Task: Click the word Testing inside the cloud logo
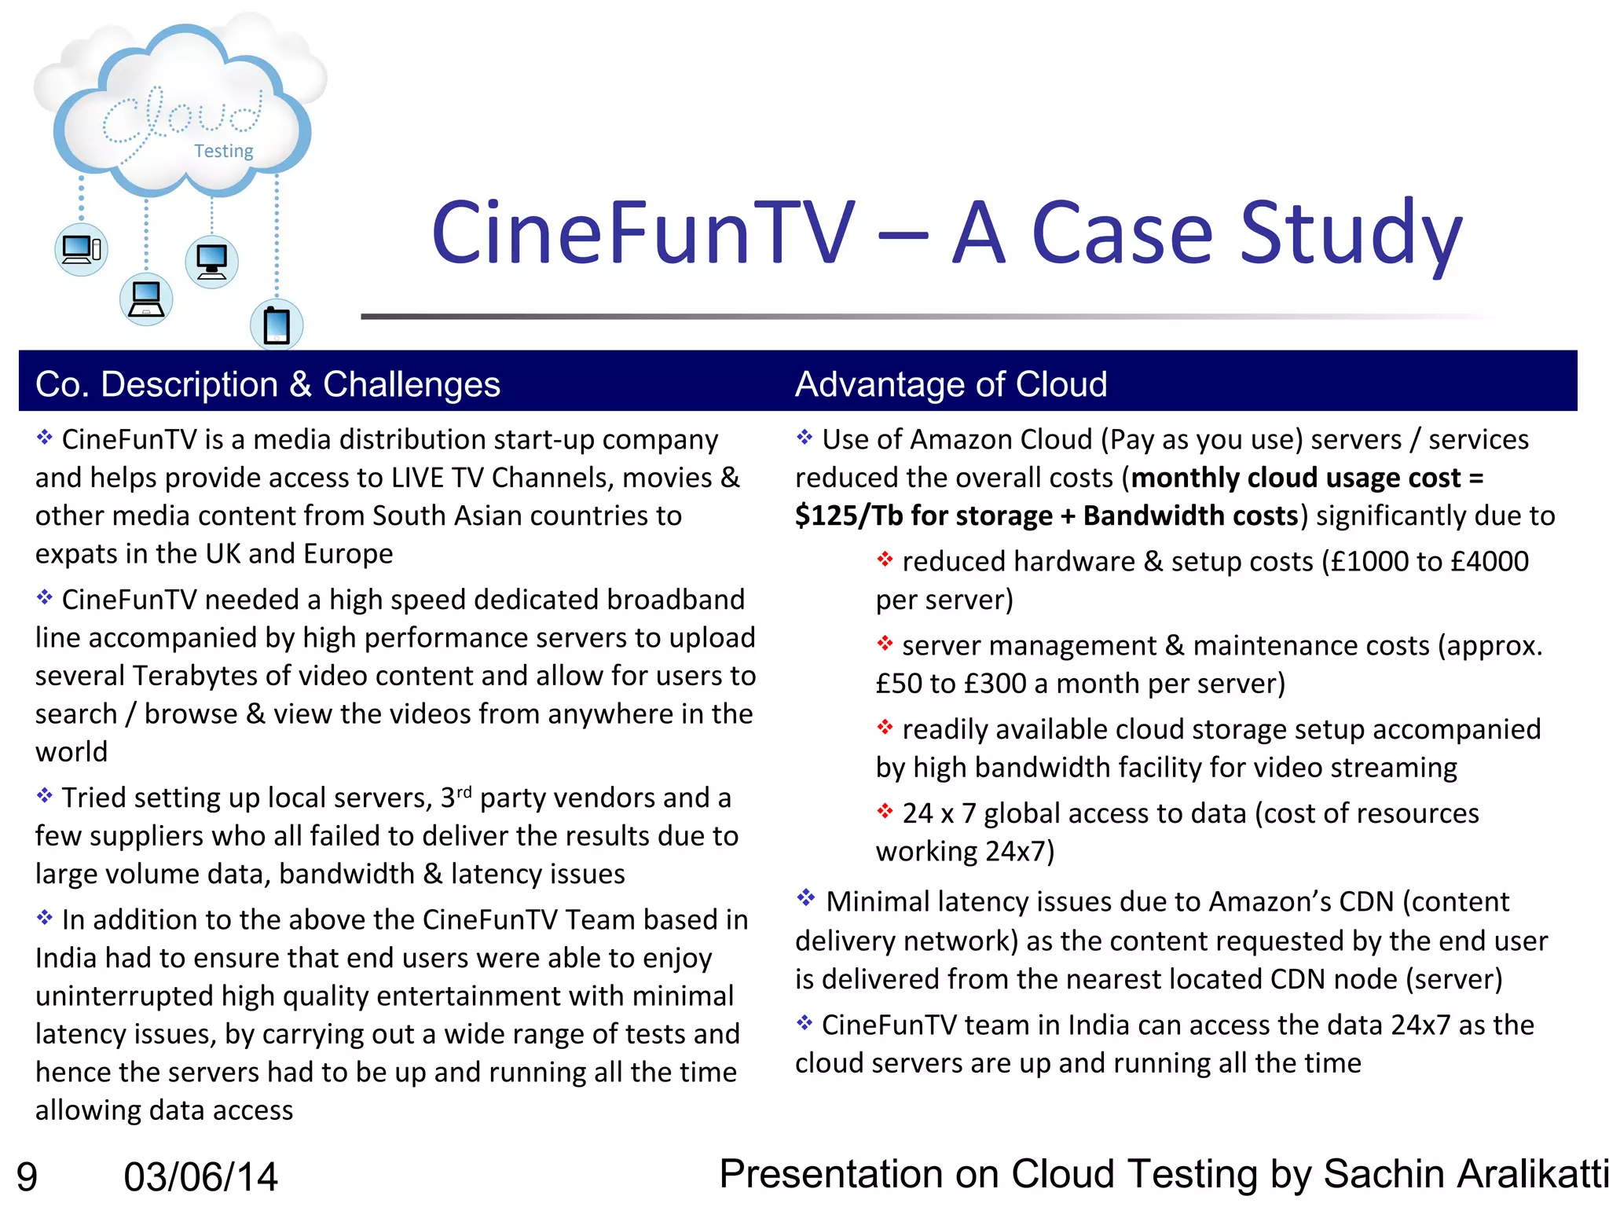(224, 151)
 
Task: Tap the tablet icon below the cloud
(277, 325)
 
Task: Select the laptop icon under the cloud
(146, 299)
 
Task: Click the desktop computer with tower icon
(81, 250)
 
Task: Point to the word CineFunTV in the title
(643, 233)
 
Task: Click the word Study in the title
(1351, 233)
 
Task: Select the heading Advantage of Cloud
(951, 384)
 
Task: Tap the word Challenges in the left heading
(412, 384)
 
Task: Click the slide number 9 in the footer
(27, 1177)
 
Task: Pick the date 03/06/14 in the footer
(201, 1177)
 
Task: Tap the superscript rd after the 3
(464, 791)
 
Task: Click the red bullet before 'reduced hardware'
(885, 559)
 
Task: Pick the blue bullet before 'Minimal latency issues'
(805, 897)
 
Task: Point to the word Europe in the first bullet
(348, 554)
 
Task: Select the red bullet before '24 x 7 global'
(885, 811)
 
